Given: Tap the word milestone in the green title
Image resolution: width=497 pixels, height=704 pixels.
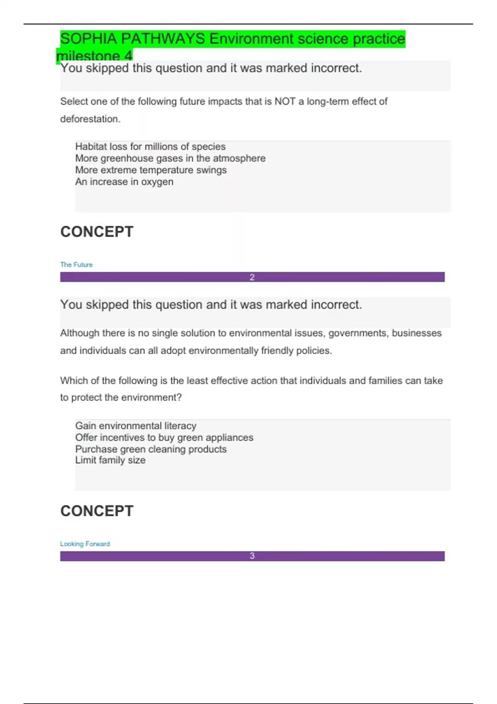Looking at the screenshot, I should [x=88, y=56].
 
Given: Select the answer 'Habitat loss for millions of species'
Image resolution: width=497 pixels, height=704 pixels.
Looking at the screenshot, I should [x=150, y=147].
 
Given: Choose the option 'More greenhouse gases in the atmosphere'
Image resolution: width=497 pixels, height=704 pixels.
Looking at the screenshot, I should [x=170, y=158].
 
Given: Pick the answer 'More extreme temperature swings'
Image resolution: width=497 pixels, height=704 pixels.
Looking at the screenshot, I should [x=151, y=170].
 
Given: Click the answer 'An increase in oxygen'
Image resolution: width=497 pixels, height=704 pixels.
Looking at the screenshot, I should [x=124, y=182].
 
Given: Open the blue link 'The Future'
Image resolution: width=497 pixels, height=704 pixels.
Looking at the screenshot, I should [x=76, y=265].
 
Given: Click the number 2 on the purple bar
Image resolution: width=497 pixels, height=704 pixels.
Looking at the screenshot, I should [x=252, y=277].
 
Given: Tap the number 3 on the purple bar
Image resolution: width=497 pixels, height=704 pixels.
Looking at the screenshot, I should [x=252, y=556].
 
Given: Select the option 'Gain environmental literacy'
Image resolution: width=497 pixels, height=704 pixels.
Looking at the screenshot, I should [x=136, y=426].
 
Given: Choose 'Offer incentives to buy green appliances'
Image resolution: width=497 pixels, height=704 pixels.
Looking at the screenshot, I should [x=164, y=437].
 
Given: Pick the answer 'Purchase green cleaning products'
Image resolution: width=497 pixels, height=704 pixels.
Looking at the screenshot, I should [x=151, y=449].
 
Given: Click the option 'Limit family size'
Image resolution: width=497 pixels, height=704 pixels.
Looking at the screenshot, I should [x=110, y=460].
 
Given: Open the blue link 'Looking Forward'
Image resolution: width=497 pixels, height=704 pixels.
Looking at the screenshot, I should [x=85, y=544].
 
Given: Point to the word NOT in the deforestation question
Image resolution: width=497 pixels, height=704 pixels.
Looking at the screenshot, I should [x=285, y=101].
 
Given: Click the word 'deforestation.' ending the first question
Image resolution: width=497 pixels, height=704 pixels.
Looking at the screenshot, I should [x=90, y=119].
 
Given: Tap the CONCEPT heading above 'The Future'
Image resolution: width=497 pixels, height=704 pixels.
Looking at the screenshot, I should [x=97, y=232].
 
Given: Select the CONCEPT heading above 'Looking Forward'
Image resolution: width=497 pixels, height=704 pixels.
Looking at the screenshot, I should [x=97, y=511].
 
